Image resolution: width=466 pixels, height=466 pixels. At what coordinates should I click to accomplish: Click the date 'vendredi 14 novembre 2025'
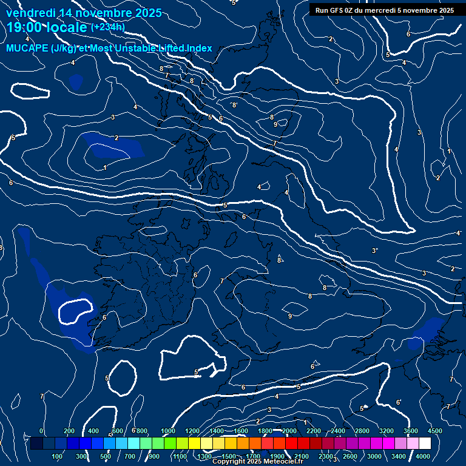point(84,13)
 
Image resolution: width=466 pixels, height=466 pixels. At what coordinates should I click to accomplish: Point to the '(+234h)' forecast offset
point(107,27)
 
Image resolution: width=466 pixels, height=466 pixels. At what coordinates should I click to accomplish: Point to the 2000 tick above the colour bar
point(289,431)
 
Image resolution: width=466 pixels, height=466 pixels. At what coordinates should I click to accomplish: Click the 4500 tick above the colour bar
point(434,431)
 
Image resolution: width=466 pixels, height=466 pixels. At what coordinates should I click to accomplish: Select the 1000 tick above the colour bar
point(168,431)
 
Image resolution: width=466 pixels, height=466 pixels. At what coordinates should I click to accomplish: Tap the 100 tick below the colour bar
point(57,456)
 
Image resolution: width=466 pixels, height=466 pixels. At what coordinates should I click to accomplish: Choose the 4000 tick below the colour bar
point(423,456)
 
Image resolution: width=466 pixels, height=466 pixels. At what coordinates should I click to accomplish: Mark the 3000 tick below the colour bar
point(374,456)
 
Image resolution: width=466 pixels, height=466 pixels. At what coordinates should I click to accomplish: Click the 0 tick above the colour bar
point(41,431)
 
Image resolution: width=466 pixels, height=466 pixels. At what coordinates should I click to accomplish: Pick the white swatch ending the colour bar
point(425,444)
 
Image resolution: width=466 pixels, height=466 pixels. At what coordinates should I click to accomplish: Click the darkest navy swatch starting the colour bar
point(36,444)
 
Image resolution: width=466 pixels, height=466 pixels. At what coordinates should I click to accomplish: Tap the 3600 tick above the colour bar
point(411,431)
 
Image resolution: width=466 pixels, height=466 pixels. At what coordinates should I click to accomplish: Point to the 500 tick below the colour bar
point(106,456)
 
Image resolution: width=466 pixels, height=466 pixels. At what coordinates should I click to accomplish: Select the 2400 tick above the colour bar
point(338,431)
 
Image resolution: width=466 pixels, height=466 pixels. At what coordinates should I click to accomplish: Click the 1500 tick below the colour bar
point(229,456)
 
